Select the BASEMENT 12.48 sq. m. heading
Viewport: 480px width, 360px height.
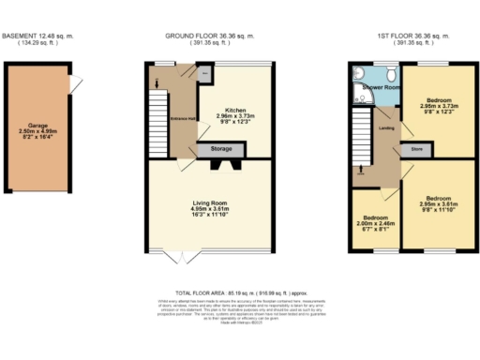point(39,37)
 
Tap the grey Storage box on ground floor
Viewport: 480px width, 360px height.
point(219,147)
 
